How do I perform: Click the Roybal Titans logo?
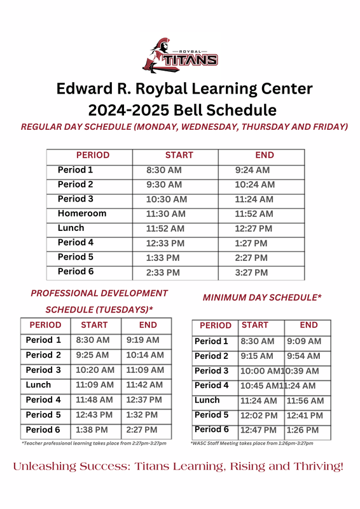[180, 53]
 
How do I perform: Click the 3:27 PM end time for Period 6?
[251, 272]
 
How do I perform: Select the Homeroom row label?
[82, 214]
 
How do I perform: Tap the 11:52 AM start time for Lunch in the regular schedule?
[165, 228]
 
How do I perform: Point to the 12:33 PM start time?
[165, 243]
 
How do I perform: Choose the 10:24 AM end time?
[254, 185]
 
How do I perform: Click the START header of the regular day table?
[179, 155]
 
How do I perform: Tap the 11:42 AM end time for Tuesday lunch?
[144, 385]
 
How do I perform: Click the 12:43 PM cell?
[94, 415]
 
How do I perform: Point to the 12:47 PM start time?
[258, 430]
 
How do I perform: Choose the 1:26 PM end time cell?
[302, 430]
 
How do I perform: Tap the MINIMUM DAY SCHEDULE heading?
[261, 297]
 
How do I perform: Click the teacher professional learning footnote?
[94, 443]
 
